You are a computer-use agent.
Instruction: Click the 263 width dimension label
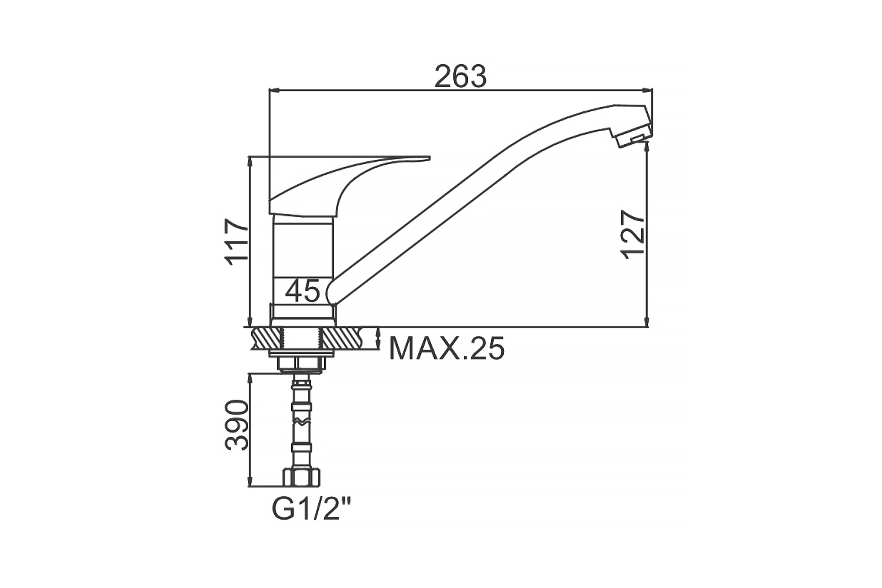click(x=460, y=76)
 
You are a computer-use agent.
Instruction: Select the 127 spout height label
click(x=633, y=234)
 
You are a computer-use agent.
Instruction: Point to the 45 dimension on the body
click(x=302, y=291)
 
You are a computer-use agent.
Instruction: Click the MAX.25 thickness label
click(x=446, y=348)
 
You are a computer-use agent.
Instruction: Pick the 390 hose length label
click(x=236, y=425)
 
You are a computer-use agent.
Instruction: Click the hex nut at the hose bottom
click(x=302, y=477)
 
